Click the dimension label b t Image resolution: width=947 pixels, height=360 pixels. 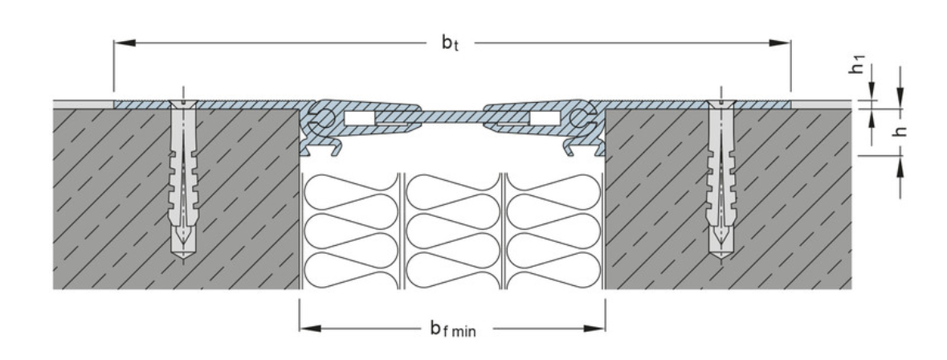pos(451,43)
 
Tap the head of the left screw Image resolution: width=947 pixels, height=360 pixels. pos(183,104)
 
